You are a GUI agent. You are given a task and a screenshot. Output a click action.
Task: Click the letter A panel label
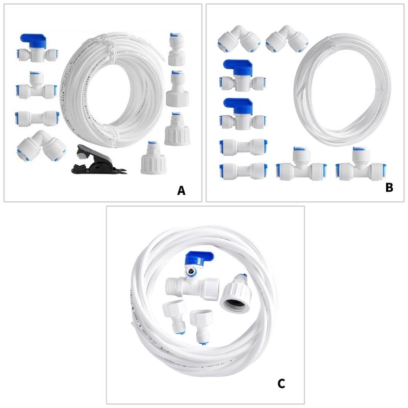click(x=181, y=191)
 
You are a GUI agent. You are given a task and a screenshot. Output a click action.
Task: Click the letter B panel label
click(x=389, y=188)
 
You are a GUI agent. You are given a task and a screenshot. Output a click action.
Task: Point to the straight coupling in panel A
click(x=37, y=118)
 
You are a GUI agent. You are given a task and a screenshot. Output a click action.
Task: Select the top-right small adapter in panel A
click(x=176, y=49)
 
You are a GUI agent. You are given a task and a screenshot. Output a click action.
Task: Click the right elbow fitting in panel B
click(x=287, y=38)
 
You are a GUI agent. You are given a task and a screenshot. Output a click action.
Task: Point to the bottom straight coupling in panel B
click(x=243, y=170)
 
